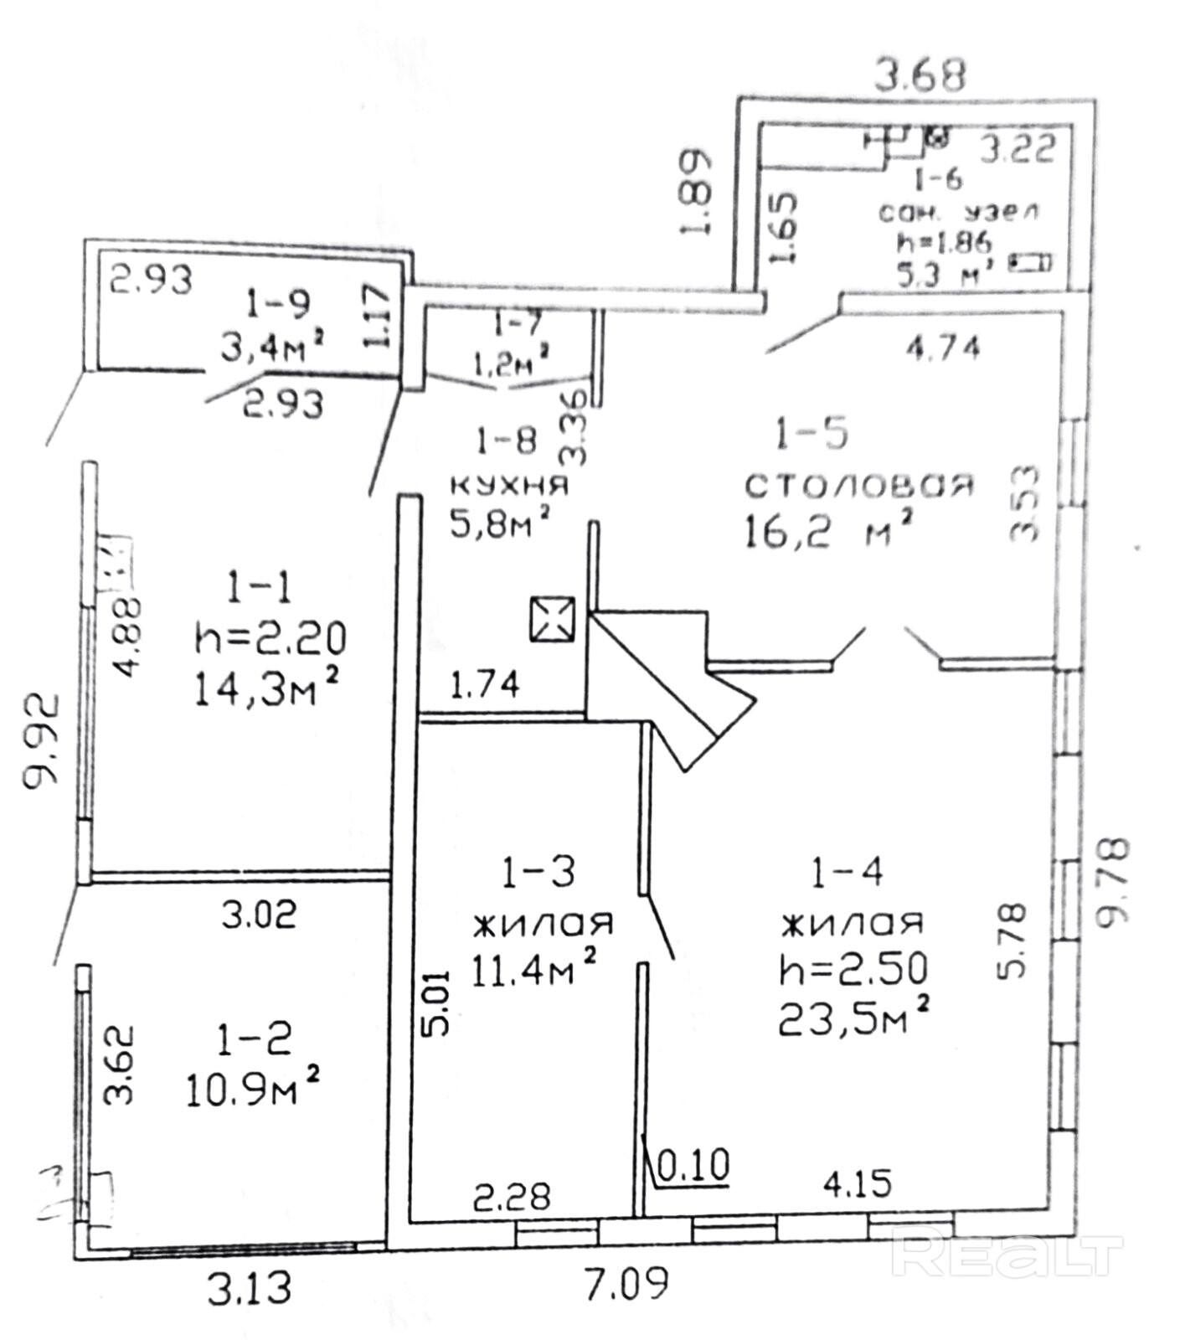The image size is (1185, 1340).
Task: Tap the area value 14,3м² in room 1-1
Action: click(x=266, y=690)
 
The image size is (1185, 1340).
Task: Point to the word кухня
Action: click(x=509, y=484)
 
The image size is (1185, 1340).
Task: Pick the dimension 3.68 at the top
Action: click(x=920, y=75)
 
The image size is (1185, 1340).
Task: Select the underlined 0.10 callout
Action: click(x=694, y=1165)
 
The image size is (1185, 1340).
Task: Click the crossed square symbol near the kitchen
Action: click(x=552, y=619)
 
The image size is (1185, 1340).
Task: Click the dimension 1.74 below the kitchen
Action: click(x=485, y=685)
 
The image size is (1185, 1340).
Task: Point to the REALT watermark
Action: click(x=1005, y=1254)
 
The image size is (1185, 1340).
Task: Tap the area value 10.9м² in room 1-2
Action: click(x=252, y=1090)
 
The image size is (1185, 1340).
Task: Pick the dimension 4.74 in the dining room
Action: click(x=943, y=346)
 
